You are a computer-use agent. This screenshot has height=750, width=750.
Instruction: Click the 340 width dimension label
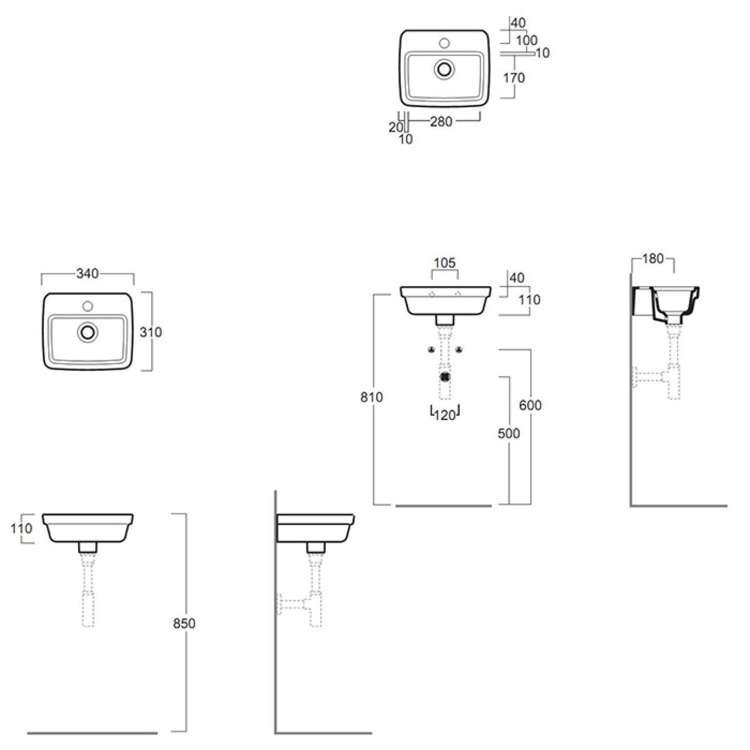tap(88, 274)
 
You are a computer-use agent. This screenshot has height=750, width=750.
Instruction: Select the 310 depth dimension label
tap(151, 332)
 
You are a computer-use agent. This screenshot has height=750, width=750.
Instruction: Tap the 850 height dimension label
tap(184, 623)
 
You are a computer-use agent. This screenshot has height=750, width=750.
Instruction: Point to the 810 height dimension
tap(372, 397)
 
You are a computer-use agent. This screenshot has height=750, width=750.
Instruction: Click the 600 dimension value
tap(530, 405)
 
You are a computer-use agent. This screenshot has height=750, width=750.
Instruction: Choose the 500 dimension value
tap(509, 433)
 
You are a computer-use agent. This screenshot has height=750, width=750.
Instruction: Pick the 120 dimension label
tap(445, 416)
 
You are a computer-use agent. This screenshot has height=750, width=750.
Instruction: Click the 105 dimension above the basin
tap(444, 263)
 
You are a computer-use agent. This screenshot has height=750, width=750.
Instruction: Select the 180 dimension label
tap(653, 259)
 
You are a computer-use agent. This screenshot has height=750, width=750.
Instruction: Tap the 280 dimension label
tap(441, 122)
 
